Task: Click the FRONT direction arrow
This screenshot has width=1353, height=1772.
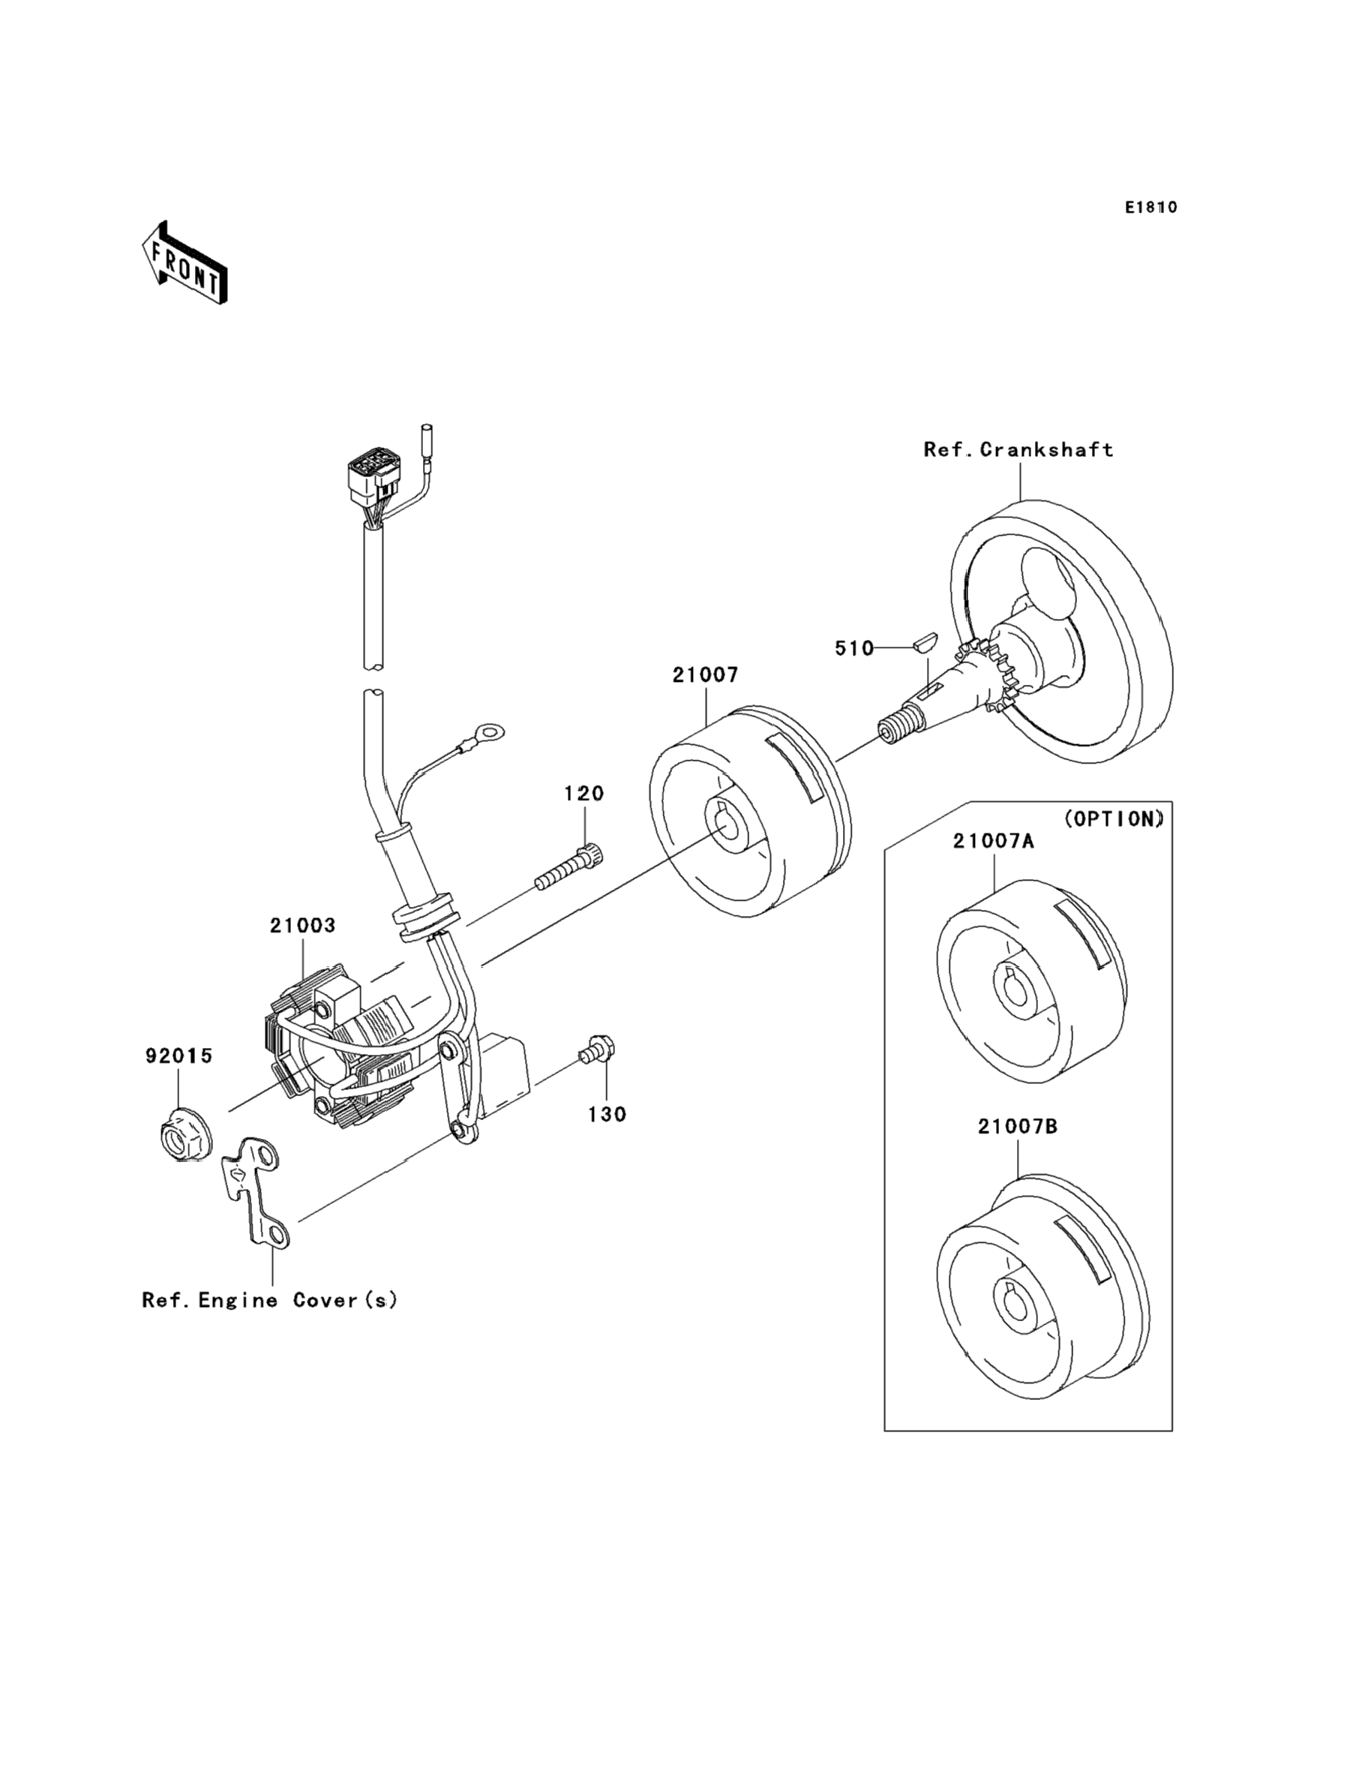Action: (184, 263)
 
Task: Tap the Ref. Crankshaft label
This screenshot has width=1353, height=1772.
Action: (1018, 449)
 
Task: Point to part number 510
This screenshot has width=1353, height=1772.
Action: (853, 648)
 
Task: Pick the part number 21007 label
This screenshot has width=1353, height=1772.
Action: (706, 675)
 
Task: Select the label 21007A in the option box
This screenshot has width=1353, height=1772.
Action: (994, 842)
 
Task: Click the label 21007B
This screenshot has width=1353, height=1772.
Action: (1018, 1127)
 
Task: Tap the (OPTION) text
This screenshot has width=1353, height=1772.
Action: (1114, 819)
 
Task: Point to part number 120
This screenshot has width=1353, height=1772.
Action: (584, 794)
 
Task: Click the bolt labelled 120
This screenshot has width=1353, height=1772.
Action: (570, 865)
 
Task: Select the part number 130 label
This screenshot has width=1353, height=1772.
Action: (607, 1115)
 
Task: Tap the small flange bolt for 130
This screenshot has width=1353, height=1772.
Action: (596, 1050)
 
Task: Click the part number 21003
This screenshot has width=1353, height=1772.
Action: (302, 927)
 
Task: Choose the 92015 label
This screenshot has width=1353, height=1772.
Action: (178, 1056)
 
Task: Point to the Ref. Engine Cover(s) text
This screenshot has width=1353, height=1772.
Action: (270, 1301)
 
